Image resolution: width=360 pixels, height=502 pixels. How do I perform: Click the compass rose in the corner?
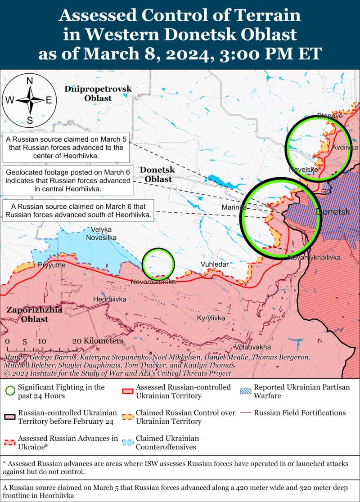(x=30, y=100)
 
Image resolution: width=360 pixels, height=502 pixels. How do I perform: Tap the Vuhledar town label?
(x=214, y=265)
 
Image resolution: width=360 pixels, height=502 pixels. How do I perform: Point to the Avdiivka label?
(x=345, y=148)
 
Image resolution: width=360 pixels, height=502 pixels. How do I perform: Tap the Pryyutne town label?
(x=52, y=265)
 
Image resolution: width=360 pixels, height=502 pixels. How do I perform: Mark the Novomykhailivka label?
(x=314, y=257)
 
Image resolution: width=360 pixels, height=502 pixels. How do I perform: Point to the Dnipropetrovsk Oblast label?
(x=98, y=93)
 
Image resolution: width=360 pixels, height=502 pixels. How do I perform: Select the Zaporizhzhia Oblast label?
(x=27, y=314)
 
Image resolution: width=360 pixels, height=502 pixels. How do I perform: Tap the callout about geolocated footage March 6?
(x=68, y=180)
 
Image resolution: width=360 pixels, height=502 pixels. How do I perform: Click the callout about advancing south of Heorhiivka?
(x=79, y=211)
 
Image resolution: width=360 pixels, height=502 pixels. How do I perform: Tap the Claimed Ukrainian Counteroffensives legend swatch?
(x=128, y=442)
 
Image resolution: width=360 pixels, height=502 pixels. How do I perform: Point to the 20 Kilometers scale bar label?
(x=97, y=341)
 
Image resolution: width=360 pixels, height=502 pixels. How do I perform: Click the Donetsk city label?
(x=333, y=211)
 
